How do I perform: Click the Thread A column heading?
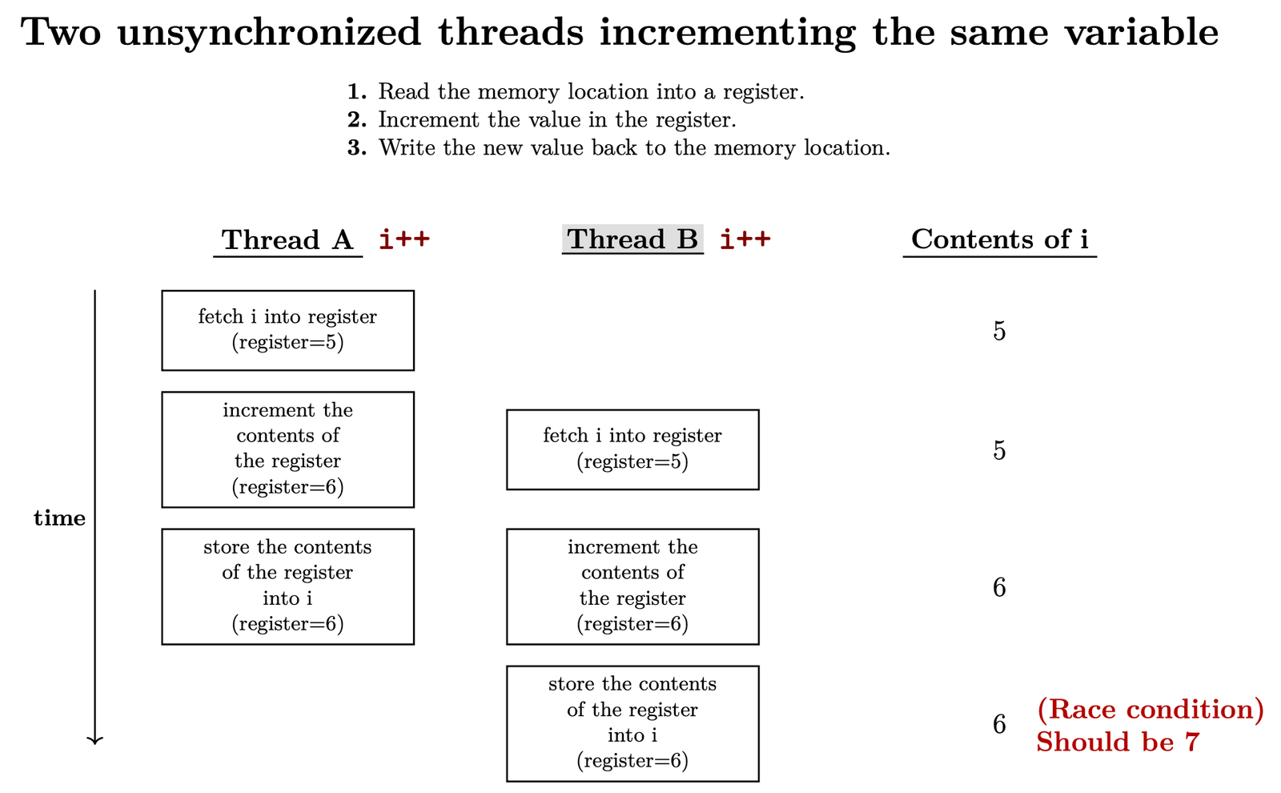click(x=287, y=240)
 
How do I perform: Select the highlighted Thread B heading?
click(x=632, y=239)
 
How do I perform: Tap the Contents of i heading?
click(x=1000, y=239)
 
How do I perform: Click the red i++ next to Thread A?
click(x=404, y=239)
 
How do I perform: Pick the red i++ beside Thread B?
click(x=745, y=239)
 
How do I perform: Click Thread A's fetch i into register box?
click(x=287, y=330)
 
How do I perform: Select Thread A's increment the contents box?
click(x=287, y=449)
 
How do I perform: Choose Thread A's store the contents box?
click(x=287, y=586)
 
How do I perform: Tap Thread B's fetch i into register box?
click(x=632, y=449)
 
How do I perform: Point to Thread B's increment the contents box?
click(x=632, y=586)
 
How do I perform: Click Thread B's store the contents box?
click(x=632, y=723)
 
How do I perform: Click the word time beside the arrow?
click(x=59, y=517)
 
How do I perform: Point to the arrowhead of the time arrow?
click(x=95, y=742)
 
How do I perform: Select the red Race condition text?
click(x=1150, y=710)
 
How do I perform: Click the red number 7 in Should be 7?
click(x=1192, y=742)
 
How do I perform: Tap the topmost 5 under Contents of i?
click(x=999, y=331)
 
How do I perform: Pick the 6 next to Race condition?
click(x=999, y=724)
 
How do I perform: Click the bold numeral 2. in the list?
click(x=357, y=119)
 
